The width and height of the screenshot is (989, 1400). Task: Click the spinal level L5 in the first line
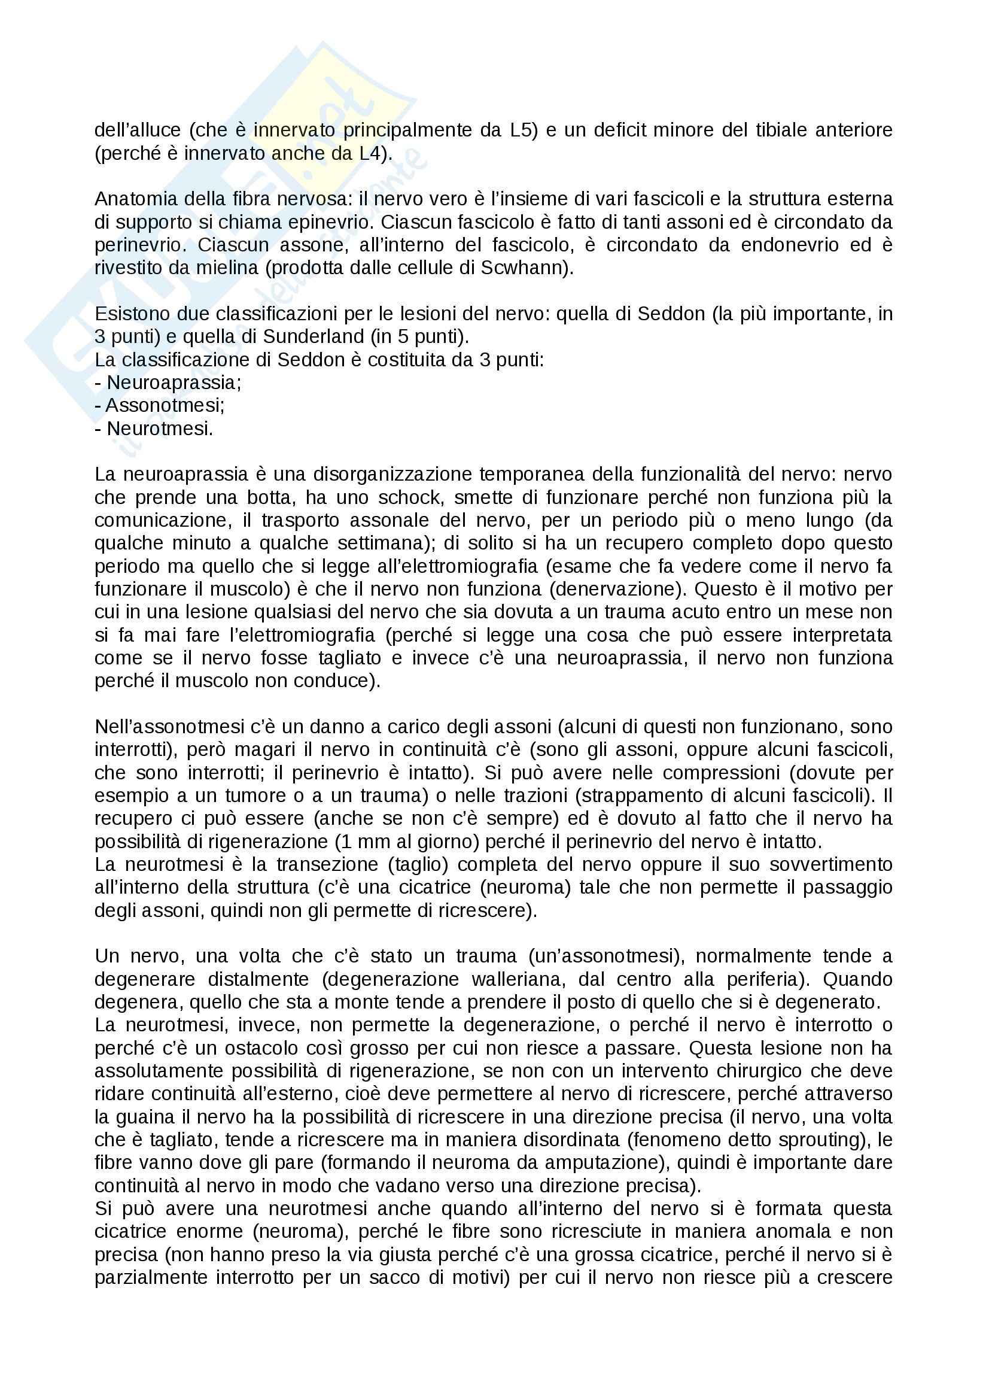[x=523, y=130]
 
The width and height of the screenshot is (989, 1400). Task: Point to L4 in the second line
[x=372, y=153]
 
